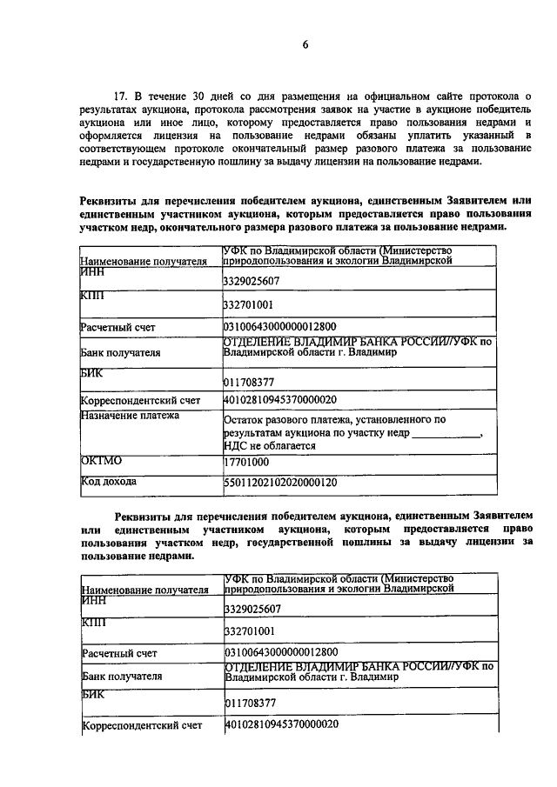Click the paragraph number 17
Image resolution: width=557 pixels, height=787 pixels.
tap(121, 94)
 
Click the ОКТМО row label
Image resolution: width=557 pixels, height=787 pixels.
tap(100, 461)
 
